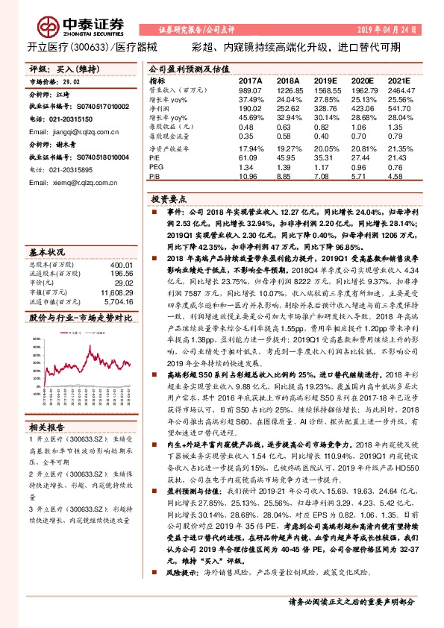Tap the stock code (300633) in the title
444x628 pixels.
click(90, 46)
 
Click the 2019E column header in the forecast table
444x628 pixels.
click(325, 80)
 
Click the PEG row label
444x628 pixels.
click(156, 169)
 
